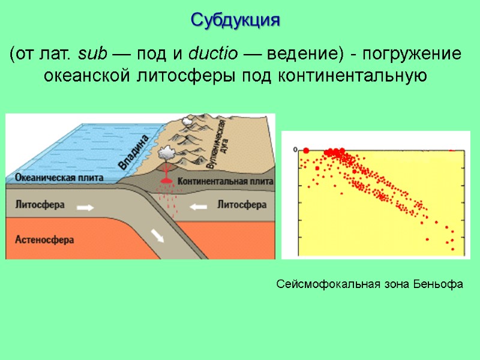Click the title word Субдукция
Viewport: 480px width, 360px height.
pyautogui.click(x=236, y=20)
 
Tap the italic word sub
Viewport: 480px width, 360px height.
pyautogui.click(x=92, y=55)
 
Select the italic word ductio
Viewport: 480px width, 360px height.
pyautogui.click(x=209, y=55)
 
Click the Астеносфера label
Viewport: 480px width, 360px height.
pyautogui.click(x=44, y=239)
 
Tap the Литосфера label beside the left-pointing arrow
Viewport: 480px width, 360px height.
pyautogui.click(x=241, y=205)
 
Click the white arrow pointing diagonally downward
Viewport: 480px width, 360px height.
pyautogui.click(x=157, y=236)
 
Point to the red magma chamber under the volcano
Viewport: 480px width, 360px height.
pyautogui.click(x=165, y=181)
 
